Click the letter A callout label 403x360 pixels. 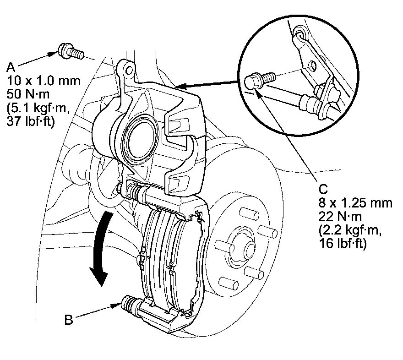11,68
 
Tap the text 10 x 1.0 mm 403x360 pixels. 44,81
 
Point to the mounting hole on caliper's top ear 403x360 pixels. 129,70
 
